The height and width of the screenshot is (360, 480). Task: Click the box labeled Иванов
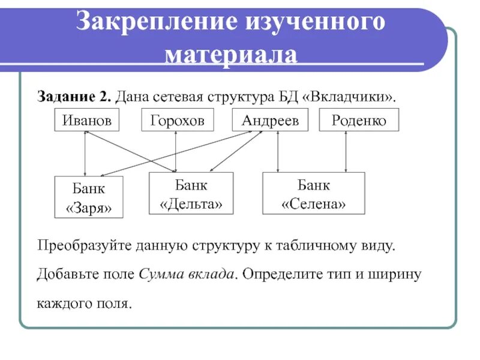tap(87, 121)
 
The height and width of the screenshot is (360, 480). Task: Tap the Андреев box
tap(270, 121)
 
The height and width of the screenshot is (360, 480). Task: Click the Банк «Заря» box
tap(89, 196)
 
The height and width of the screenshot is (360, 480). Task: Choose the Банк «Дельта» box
tap(191, 193)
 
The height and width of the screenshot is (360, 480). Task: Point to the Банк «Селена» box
tap(314, 193)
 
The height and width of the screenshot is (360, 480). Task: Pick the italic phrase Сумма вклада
tap(186, 274)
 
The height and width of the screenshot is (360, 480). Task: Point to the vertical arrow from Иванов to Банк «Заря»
tap(86, 153)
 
